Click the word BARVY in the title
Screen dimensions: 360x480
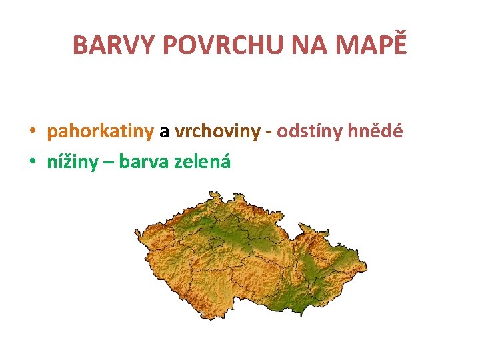pyautogui.click(x=114, y=45)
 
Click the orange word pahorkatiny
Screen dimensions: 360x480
pyautogui.click(x=100, y=131)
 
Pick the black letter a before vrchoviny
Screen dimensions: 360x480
pyautogui.click(x=164, y=131)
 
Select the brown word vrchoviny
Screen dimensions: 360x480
pyautogui.click(x=217, y=131)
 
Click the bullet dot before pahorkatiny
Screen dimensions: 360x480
pyautogui.click(x=32, y=132)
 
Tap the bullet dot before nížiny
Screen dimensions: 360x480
pyautogui.click(x=32, y=161)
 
